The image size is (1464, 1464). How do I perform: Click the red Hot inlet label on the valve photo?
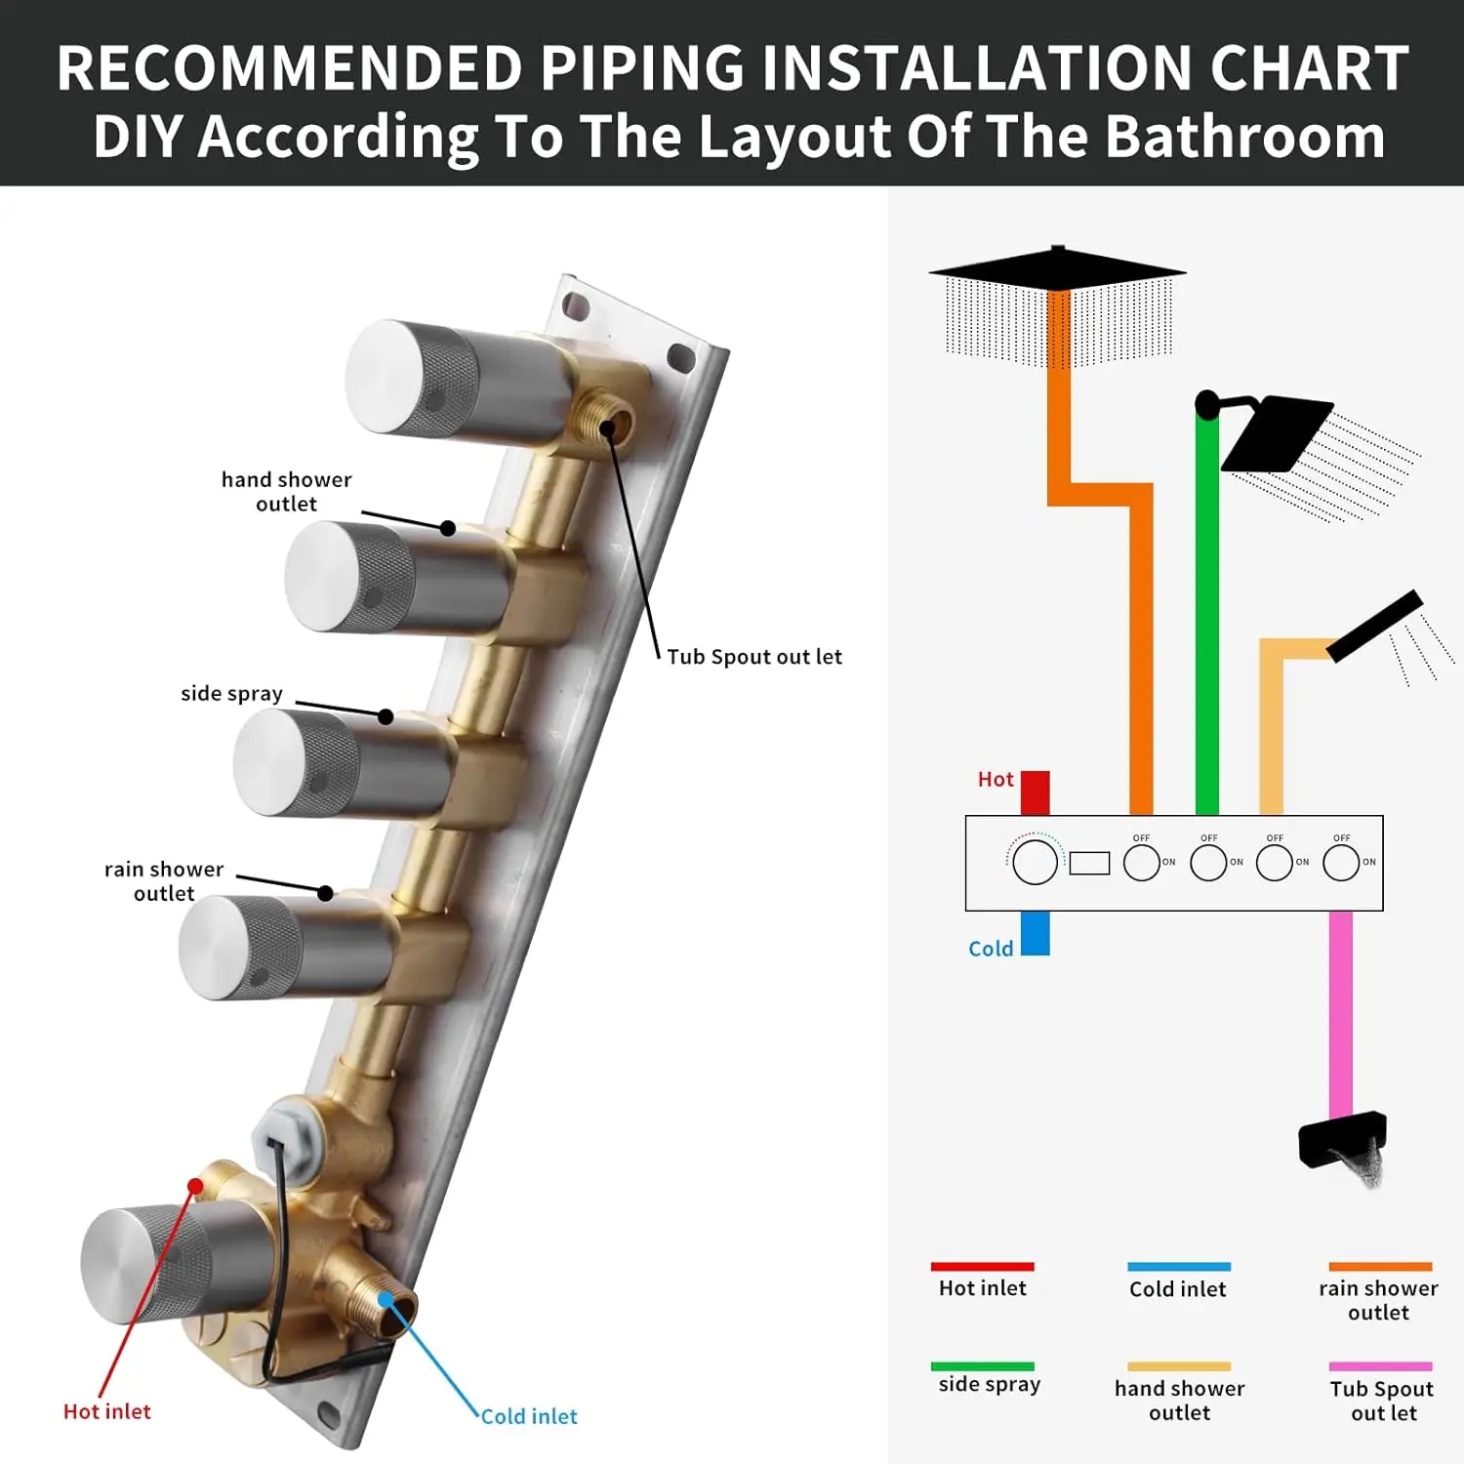pos(107,1411)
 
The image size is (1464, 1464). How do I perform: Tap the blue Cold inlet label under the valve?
pos(529,1416)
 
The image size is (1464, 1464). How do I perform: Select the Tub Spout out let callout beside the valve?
pos(753,657)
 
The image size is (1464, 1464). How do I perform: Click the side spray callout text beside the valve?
pos(231,694)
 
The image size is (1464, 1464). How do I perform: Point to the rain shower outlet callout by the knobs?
pos(164,881)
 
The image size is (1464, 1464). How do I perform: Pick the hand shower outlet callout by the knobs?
pos(286,492)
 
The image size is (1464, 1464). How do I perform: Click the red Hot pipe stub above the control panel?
pos(1035,793)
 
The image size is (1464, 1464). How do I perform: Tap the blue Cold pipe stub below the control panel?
pos(1035,932)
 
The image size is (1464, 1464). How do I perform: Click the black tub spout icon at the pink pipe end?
pos(1343,1140)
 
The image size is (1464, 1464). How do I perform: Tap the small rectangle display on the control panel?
pos(1089,863)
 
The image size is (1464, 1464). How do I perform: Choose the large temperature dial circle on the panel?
pos(1035,862)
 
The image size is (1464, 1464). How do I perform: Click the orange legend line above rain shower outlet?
pos(1380,1267)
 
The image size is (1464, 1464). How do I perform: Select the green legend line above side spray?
pos(982,1366)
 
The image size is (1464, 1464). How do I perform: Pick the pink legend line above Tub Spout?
pos(1380,1366)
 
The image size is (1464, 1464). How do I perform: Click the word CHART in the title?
pos(1308,68)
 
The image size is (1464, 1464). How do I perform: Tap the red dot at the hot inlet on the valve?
pos(195,1186)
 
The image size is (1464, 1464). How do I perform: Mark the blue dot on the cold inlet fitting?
pos(386,1299)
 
